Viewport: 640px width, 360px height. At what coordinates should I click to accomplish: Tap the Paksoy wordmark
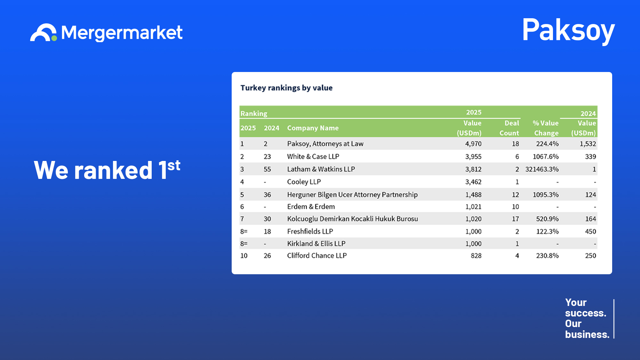click(568, 31)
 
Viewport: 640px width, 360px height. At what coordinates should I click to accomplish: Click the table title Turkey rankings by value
click(286, 88)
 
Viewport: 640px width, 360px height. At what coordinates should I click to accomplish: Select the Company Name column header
click(313, 128)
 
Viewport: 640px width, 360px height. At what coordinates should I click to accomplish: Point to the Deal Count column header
click(509, 128)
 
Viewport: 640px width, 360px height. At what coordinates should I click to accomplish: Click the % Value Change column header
click(546, 128)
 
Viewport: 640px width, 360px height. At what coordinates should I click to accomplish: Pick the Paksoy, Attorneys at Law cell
click(325, 144)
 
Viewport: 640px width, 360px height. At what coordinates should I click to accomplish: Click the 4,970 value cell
click(473, 144)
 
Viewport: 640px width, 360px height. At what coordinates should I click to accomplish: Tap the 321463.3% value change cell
click(542, 169)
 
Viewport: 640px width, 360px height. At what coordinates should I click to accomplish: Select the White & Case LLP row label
click(313, 156)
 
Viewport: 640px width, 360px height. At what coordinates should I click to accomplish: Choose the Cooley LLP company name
click(304, 182)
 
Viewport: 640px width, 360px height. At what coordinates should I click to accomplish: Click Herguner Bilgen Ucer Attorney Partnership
click(352, 195)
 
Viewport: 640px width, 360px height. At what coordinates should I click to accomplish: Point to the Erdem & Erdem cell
click(311, 207)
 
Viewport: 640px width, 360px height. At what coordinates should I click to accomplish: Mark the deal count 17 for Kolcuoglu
click(515, 219)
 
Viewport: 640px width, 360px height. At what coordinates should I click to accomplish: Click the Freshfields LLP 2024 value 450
click(590, 231)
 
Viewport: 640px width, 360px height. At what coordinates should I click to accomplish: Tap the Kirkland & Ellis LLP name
click(316, 244)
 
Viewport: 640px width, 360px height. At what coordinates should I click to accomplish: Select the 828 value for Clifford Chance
click(476, 256)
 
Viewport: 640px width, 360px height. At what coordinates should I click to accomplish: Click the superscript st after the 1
click(174, 165)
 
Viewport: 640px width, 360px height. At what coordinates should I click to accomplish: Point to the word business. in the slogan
click(587, 334)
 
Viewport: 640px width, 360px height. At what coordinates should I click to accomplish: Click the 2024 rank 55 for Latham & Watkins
click(267, 169)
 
